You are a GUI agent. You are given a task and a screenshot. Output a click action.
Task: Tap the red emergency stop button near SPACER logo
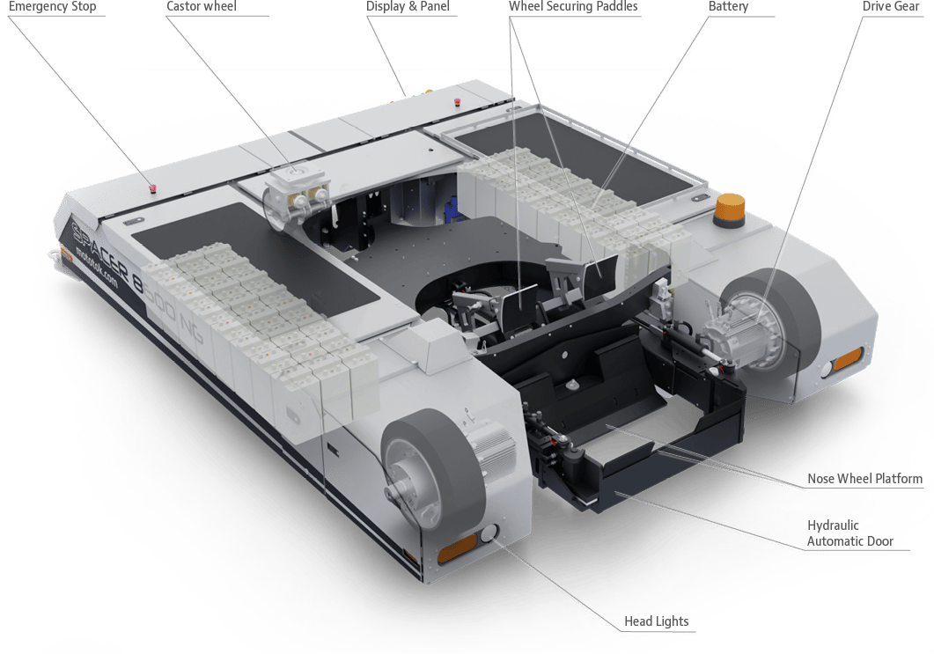153,187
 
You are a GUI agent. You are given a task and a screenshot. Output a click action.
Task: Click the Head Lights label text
656,622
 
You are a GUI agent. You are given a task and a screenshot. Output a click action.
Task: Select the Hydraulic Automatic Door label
846,533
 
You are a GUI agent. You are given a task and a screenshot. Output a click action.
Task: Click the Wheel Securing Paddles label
572,7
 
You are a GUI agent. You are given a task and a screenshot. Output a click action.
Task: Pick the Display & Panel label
408,7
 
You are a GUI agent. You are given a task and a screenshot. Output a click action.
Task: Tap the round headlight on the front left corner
489,533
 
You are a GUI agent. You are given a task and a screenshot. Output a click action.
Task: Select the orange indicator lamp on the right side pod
848,357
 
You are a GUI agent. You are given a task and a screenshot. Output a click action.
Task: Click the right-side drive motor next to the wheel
739,333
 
